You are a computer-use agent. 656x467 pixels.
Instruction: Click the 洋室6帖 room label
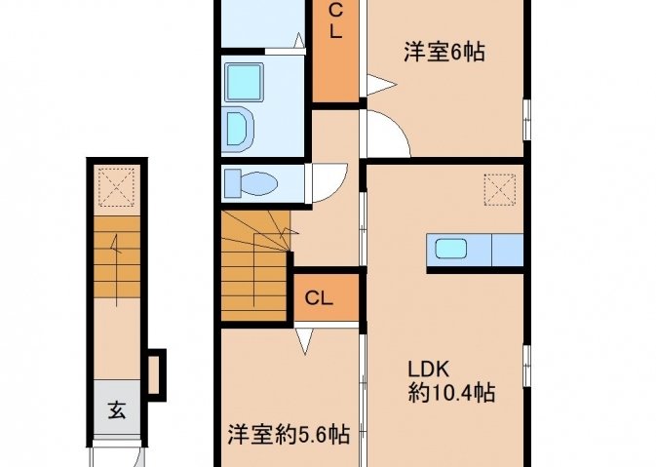pos(444,53)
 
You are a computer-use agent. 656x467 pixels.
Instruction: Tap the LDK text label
pos(429,370)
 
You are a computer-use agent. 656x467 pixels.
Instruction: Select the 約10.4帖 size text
pos(452,393)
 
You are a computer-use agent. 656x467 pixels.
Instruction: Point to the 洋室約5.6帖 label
pos(289,434)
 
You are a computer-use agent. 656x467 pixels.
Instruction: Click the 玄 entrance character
pos(117,409)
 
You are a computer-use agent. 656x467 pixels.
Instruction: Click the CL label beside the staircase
pos(319,298)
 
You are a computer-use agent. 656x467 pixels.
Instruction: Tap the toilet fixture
pos(251,183)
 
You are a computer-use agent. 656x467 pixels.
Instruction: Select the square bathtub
pos(245,82)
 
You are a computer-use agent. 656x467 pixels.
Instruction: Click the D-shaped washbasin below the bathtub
pos(240,129)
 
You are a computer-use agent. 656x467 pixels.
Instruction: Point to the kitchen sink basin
pos(450,249)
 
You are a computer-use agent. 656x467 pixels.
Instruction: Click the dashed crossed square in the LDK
pos(499,190)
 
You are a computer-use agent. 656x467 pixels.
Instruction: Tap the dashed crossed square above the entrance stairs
pos(116,186)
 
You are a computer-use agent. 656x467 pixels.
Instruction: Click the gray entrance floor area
pos(117,408)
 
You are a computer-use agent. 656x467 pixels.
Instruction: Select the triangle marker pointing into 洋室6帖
pos(381,85)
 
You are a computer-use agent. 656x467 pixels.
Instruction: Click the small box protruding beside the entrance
pos(156,374)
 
